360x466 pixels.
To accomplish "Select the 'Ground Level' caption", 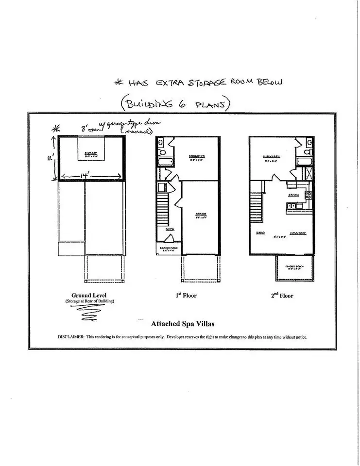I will pyautogui.click(x=89, y=295).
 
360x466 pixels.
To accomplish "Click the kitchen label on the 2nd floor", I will pyautogui.click(x=293, y=195).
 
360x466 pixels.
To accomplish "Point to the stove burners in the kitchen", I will pyautogui.click(x=307, y=195).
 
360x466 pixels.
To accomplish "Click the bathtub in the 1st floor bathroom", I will pyautogui.click(x=163, y=162).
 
